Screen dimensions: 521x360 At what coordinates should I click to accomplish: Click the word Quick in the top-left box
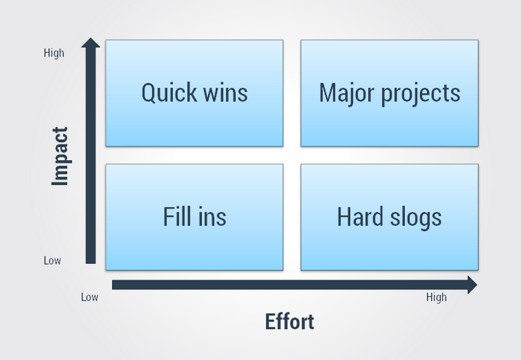169,93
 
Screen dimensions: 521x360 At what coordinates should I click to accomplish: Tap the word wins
225,93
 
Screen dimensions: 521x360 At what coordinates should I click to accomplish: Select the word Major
346,93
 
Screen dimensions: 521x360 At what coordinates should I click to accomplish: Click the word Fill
177,216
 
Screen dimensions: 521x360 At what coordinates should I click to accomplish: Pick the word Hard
360,216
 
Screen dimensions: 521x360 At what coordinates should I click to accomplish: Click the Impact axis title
60,156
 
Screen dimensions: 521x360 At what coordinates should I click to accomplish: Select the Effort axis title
289,322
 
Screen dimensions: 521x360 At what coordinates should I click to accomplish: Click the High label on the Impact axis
54,53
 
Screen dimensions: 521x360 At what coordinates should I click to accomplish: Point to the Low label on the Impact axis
53,260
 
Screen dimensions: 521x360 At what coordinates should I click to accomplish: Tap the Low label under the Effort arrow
90,297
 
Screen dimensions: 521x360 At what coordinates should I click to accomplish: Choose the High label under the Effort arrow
437,297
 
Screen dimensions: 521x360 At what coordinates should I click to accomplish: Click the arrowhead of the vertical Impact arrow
91,43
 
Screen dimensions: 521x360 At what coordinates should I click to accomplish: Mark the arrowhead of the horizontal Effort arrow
473,285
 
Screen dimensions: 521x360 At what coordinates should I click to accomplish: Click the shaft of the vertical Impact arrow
91,156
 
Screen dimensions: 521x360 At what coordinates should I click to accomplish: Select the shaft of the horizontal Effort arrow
290,285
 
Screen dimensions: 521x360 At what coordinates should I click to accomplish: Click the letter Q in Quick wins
148,93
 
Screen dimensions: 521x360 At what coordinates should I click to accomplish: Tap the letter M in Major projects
327,93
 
